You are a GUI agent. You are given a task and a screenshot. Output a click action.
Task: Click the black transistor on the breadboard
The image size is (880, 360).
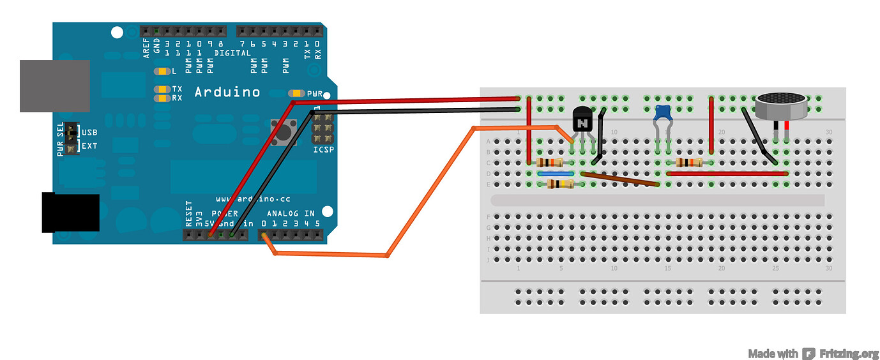pos(582,119)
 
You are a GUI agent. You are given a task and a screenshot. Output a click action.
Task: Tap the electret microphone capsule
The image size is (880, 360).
pos(781,106)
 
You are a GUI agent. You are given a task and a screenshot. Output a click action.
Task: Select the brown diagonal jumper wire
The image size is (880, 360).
pos(619,179)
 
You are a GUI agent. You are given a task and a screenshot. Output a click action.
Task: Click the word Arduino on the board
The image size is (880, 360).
pos(227,93)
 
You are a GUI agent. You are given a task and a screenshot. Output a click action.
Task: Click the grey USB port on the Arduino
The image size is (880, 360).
pos(54,86)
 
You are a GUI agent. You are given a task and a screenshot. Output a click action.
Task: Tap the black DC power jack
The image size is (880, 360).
pos(70,213)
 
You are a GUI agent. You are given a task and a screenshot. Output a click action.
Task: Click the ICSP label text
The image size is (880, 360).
pos(323,150)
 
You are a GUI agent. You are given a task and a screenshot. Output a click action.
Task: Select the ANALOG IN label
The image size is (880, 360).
pos(291,213)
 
